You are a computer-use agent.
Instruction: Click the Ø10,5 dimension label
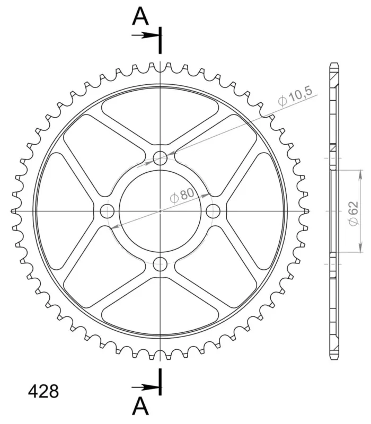click(x=295, y=96)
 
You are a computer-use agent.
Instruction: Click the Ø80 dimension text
click(x=182, y=195)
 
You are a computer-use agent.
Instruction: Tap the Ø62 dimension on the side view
click(x=353, y=213)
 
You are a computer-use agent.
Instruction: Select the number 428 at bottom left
click(x=43, y=391)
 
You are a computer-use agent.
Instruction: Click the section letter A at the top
click(x=140, y=16)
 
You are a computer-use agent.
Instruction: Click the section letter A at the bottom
click(x=140, y=406)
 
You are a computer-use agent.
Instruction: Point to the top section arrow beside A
click(x=145, y=35)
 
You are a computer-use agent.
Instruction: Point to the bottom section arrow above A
click(x=145, y=387)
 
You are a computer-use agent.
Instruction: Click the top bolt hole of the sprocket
click(x=160, y=158)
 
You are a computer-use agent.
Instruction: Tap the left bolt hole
click(x=107, y=211)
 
